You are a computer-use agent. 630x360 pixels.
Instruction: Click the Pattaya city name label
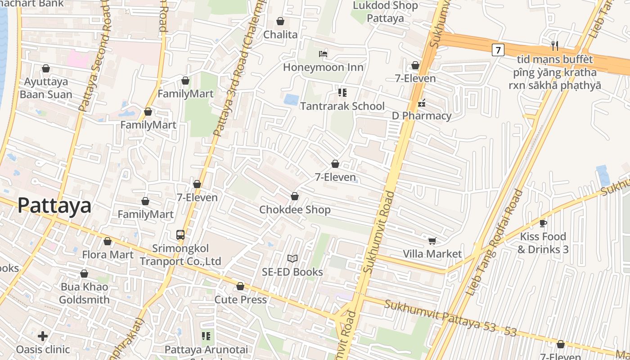pos(54,206)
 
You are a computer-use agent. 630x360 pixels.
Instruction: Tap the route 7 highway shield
pos(497,49)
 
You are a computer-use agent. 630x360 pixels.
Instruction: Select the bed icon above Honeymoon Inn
pos(323,54)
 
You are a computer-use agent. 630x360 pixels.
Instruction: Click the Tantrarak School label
pos(342,106)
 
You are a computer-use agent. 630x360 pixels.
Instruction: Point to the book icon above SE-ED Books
pos(292,258)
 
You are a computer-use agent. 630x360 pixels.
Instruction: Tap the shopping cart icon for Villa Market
pos(432,241)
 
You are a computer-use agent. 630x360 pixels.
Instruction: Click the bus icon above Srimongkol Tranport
pos(180,234)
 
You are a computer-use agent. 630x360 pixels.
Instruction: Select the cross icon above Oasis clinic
pos(43,336)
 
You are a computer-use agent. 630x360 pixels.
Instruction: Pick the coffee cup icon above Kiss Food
pos(543,223)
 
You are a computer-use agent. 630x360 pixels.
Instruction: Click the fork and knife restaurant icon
pos(555,45)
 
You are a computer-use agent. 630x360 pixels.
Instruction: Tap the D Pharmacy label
pos(421,116)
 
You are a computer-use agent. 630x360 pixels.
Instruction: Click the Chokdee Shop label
pos(295,210)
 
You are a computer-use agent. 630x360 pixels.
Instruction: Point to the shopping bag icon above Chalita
pos(280,21)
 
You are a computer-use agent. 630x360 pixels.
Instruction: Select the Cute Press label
pos(240,299)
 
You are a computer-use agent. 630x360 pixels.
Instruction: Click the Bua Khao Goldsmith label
pos(84,293)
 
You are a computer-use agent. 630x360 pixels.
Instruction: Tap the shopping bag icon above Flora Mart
pos(108,242)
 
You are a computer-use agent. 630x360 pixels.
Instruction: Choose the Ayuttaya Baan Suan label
pos(46,88)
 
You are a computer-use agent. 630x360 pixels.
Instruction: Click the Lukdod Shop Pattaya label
pos(385,12)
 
